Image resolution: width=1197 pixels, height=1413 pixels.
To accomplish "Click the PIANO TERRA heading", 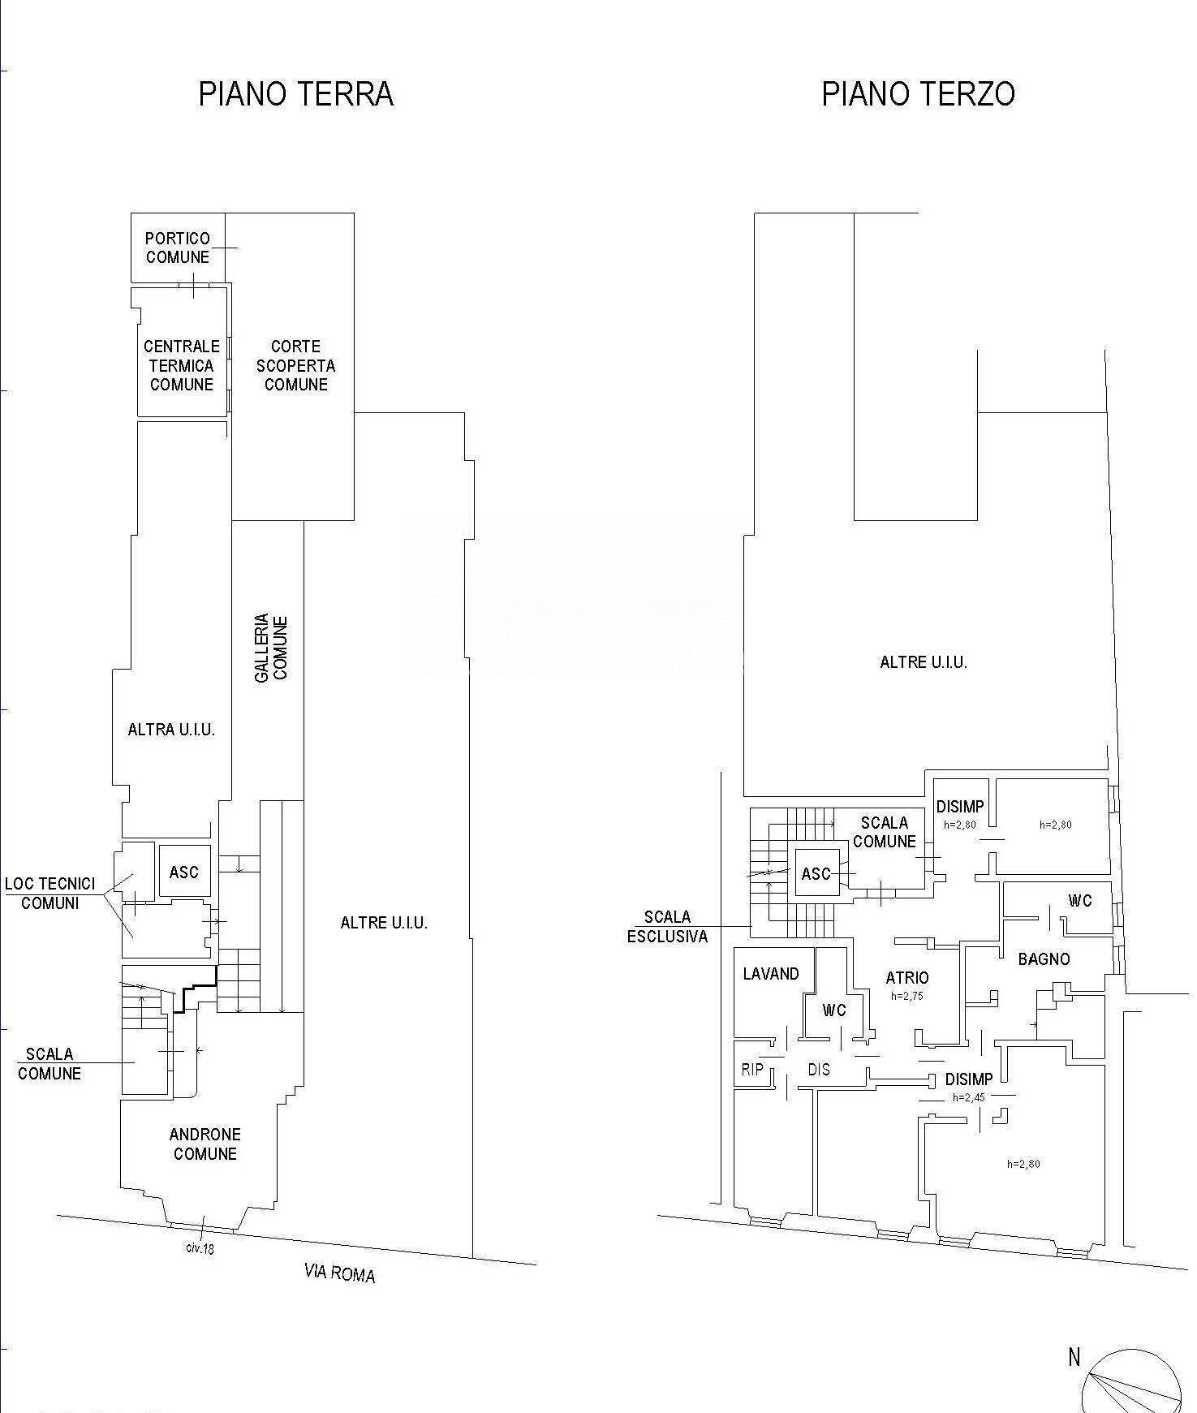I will (296, 94).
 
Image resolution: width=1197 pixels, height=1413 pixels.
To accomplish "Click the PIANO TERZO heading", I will (918, 94).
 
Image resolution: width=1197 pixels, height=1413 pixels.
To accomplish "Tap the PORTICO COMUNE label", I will (178, 248).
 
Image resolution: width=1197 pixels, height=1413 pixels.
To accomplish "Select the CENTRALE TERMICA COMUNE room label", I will (182, 365).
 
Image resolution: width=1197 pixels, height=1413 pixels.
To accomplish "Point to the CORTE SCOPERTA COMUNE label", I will (295, 365).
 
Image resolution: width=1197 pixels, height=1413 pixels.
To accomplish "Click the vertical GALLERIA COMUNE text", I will (272, 648).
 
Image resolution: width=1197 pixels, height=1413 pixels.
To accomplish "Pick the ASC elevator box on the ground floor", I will (184, 872).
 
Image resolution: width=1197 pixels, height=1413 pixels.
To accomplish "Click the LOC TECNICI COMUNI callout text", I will (50, 893).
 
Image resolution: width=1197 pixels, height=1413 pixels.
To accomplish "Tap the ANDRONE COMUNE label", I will (205, 1144).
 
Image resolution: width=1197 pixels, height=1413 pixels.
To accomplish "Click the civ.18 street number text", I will (200, 1248).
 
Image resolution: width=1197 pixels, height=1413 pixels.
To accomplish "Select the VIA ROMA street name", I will (339, 1273).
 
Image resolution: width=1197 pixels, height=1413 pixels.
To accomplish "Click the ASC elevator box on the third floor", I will (816, 873).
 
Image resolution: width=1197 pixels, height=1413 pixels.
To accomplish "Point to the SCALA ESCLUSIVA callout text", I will (667, 926).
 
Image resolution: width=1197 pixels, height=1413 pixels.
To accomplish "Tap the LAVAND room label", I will (771, 973).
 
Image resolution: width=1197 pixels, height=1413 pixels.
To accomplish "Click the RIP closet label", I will (752, 1069).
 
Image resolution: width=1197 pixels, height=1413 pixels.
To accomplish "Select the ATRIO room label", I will (907, 978).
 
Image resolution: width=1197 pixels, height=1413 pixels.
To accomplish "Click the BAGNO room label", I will (1044, 959).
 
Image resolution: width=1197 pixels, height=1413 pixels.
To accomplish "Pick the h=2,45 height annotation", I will (968, 1097).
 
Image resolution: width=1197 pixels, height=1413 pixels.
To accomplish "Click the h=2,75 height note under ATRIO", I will (907, 996).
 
